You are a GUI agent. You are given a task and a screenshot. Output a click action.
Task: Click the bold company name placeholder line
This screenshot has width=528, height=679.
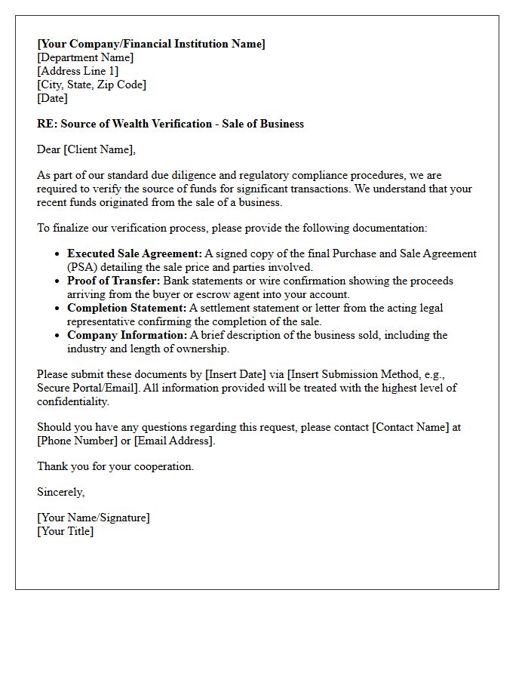click(x=151, y=44)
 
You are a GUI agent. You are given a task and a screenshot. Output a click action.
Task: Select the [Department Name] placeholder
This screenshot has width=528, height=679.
click(x=85, y=57)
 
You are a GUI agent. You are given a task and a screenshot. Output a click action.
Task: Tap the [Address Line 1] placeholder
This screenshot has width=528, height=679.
click(x=78, y=71)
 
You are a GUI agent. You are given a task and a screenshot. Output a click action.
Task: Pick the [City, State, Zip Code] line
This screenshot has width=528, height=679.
click(x=91, y=84)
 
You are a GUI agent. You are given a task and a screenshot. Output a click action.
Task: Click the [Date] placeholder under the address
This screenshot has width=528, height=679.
click(x=52, y=98)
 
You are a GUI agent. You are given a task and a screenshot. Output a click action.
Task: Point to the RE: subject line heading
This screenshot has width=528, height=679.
click(x=170, y=124)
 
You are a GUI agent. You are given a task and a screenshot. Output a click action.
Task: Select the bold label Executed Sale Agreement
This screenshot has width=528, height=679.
click(x=134, y=254)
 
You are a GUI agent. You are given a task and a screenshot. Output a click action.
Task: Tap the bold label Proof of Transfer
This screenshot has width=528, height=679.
click(x=113, y=281)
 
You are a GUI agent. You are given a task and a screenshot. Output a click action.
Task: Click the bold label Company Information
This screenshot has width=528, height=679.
click(x=127, y=335)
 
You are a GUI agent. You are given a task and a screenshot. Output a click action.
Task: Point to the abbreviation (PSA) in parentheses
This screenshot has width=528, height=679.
click(x=81, y=267)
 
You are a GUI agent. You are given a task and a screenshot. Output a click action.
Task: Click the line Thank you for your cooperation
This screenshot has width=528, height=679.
click(x=115, y=466)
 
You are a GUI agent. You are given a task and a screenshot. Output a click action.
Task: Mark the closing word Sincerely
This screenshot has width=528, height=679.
click(x=60, y=492)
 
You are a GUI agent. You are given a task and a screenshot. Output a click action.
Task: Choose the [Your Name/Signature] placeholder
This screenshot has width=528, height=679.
click(x=94, y=518)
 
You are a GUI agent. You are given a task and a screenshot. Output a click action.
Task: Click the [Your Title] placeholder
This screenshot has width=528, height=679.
click(x=66, y=531)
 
